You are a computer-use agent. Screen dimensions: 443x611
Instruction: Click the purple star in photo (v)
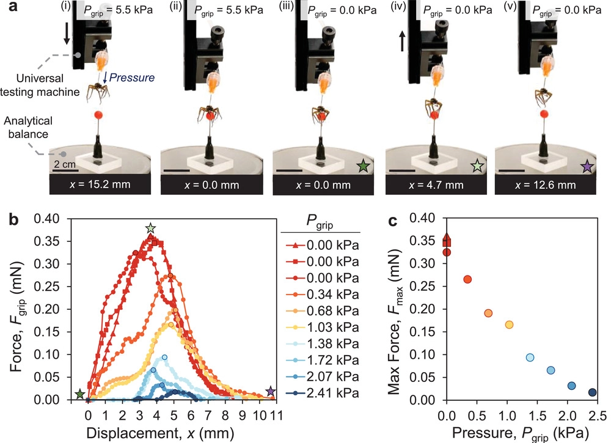[587, 165]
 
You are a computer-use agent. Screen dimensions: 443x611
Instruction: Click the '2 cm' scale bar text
[63, 164]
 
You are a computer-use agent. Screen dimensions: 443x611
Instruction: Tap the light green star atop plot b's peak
[151, 229]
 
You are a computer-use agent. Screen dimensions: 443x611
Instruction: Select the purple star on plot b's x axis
[271, 392]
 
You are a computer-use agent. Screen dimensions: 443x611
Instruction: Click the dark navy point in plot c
[592, 392]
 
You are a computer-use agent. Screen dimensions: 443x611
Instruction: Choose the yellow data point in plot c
[509, 324]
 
